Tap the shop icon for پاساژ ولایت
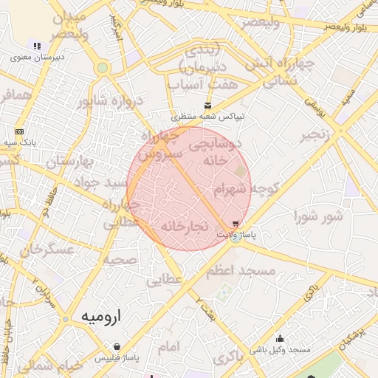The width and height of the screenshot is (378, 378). coord(236,224)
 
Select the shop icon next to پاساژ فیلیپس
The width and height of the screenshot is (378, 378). coord(117,346)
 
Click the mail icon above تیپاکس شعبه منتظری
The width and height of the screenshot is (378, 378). coord(207,106)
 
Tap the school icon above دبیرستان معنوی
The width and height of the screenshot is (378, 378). coord(37,46)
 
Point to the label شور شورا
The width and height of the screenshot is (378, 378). coord(319,216)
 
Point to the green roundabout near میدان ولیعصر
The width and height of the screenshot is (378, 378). coord(103,68)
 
